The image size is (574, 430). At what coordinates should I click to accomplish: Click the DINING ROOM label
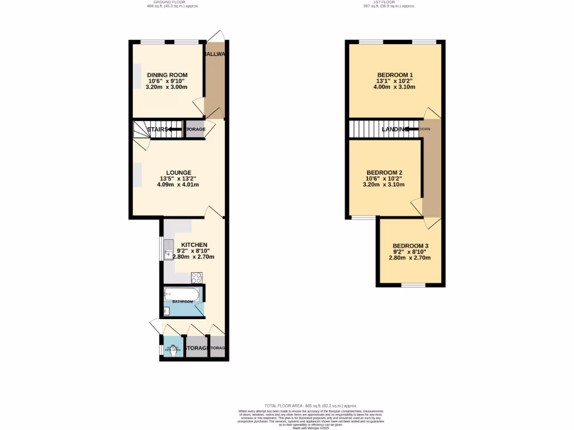[x=167, y=75]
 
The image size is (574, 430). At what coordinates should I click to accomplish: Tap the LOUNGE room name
[x=178, y=172]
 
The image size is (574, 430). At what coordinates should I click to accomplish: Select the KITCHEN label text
[x=194, y=245]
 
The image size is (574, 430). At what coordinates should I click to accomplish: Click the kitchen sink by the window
[x=169, y=250]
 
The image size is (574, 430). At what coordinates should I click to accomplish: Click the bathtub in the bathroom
[x=181, y=294]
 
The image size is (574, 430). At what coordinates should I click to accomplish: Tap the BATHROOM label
[x=182, y=302]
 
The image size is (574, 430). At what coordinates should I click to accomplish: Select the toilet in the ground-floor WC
[x=171, y=350]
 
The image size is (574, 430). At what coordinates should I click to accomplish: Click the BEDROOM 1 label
[x=395, y=75]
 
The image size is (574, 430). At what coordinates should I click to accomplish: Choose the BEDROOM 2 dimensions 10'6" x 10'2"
[x=384, y=179]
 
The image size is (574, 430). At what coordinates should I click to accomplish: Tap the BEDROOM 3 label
[x=410, y=246]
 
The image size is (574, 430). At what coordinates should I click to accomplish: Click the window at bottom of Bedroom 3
[x=413, y=286]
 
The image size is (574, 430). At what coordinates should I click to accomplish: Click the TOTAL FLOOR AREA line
[x=310, y=405]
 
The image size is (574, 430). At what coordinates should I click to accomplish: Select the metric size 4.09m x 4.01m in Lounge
[x=178, y=185]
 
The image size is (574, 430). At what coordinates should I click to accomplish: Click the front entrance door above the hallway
[x=216, y=36]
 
